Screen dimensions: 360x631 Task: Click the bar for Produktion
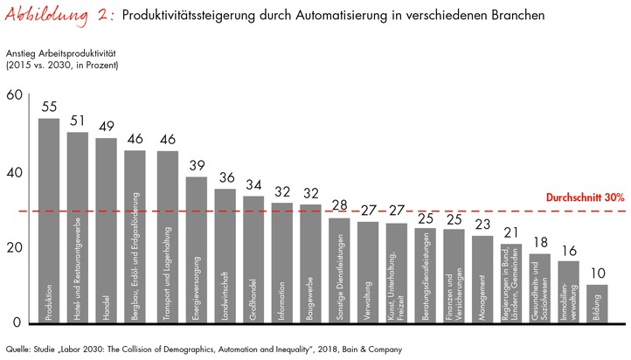[49, 218]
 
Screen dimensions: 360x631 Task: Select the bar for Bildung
[596, 301]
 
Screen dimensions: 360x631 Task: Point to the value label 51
[78, 119]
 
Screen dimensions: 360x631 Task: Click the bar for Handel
[106, 227]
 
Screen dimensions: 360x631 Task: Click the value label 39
[197, 163]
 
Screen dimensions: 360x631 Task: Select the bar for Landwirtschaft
[225, 253]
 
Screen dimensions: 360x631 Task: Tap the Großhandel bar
[253, 257]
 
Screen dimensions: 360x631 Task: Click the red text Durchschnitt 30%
[573, 198]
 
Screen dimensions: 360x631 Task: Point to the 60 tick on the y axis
[15, 95]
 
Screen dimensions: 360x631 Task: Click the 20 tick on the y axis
[15, 246]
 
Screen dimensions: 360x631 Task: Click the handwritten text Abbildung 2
[57, 17]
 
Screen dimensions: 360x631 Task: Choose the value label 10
[596, 272]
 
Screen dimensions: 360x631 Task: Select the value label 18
[539, 241]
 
